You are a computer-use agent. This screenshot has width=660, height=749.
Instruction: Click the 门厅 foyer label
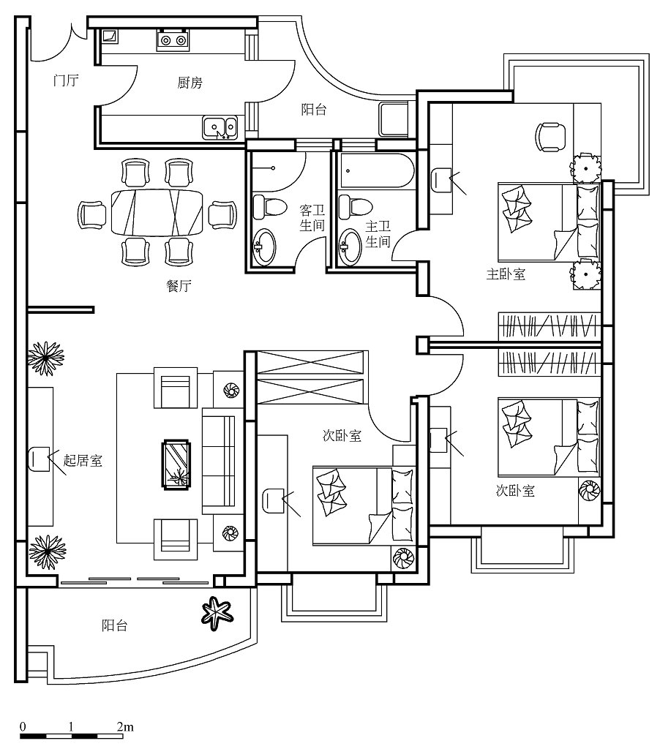[67, 80]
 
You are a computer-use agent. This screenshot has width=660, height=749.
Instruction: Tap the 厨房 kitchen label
[190, 83]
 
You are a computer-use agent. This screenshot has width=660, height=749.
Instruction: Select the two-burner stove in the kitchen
[173, 39]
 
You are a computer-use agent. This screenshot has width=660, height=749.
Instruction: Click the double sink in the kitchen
[220, 127]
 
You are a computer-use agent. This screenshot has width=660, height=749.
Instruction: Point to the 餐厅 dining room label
[179, 286]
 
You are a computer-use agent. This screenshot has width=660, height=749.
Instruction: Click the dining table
[157, 213]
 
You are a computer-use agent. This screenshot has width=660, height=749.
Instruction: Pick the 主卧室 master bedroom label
[506, 274]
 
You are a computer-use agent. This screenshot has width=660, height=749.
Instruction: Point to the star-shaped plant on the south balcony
[217, 614]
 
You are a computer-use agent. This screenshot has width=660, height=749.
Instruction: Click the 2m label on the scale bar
[124, 727]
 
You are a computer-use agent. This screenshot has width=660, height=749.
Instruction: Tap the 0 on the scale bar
[23, 727]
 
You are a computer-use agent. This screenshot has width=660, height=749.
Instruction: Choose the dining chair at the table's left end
[93, 214]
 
